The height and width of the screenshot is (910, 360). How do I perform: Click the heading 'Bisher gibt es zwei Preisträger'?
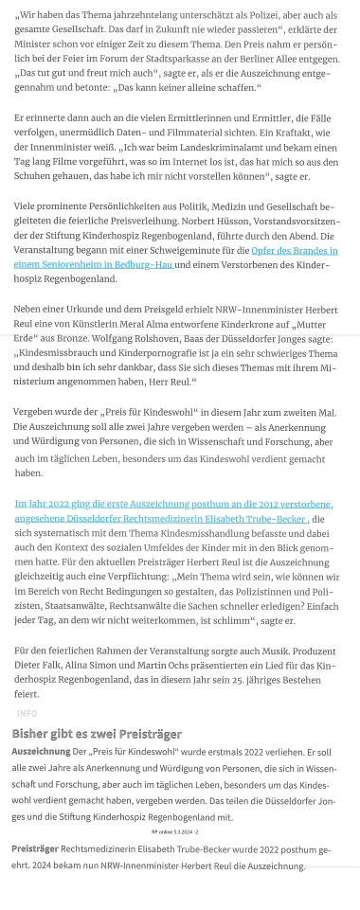point(97,734)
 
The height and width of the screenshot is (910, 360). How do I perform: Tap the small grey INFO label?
point(27,713)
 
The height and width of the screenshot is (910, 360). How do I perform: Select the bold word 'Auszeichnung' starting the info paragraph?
point(41,751)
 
